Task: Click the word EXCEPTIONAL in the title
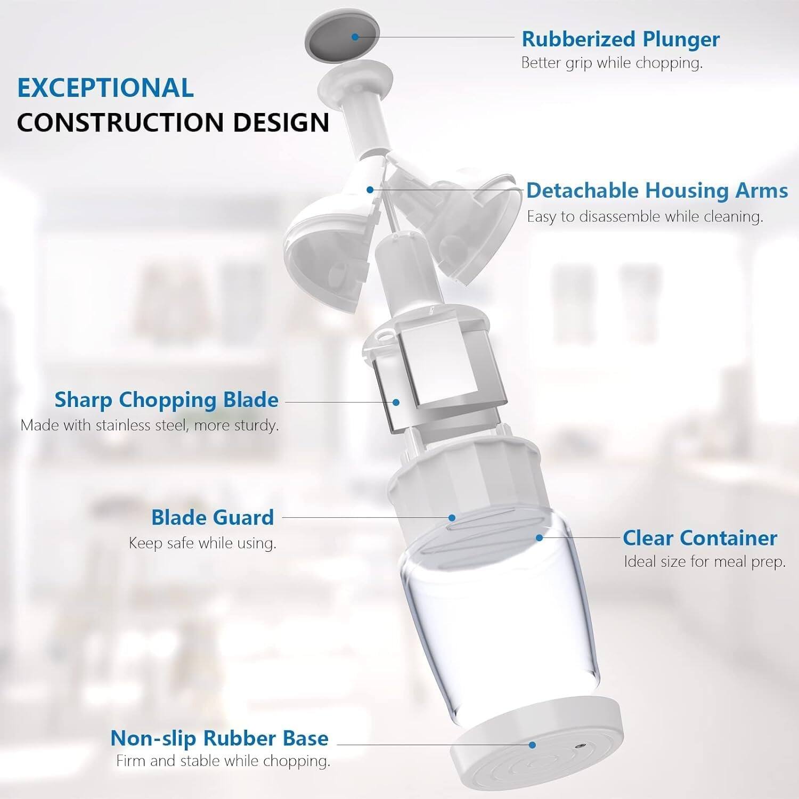tap(105, 88)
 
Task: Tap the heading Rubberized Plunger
tap(621, 39)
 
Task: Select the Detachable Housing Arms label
tap(657, 190)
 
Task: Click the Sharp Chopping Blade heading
tap(166, 399)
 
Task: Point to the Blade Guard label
tap(212, 517)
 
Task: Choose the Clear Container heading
tap(699, 538)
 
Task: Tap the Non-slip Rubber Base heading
tap(219, 738)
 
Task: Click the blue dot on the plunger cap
tap(355, 36)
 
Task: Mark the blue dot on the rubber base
tap(532, 745)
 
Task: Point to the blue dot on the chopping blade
tap(396, 403)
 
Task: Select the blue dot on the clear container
tap(539, 538)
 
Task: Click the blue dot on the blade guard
tap(452, 517)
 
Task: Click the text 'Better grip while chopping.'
tap(612, 63)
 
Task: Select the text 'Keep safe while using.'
tap(202, 543)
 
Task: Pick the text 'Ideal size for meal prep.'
tap(704, 562)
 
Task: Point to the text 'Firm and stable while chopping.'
tap(223, 761)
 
